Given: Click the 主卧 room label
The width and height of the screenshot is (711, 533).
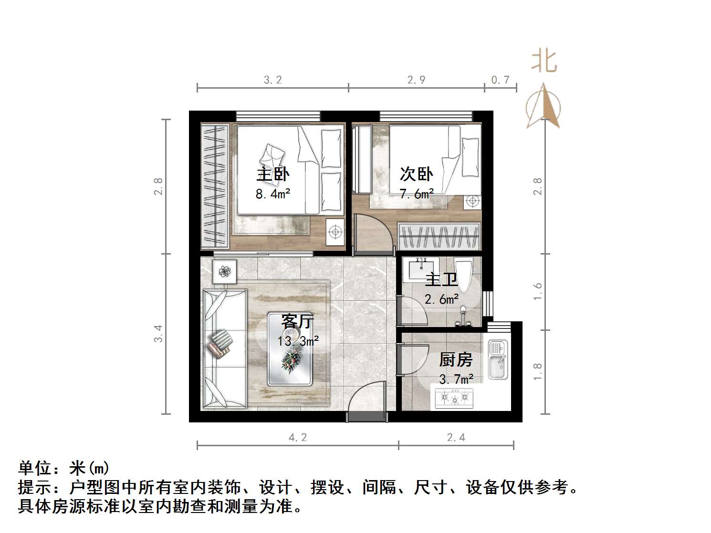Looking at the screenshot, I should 272,174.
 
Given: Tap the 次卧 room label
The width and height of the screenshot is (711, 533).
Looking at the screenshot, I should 416,174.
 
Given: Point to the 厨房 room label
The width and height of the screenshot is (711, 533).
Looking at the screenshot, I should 456,359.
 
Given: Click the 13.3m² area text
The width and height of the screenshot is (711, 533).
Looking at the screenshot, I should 298,341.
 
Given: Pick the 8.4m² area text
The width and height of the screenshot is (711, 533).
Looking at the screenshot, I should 273,194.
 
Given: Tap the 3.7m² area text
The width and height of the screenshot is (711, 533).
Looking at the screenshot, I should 456,379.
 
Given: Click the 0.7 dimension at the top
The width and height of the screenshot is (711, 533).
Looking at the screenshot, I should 500,80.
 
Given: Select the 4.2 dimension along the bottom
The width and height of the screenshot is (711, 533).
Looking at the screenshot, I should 298,437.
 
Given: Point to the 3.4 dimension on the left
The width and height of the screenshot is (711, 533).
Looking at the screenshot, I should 158,333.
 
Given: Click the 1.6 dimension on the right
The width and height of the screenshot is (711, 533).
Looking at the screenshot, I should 538,291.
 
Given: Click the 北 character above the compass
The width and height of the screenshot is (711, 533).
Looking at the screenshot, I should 544,62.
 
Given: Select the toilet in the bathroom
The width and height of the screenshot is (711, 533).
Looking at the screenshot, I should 463,274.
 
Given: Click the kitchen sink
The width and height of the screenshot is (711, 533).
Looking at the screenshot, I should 498,359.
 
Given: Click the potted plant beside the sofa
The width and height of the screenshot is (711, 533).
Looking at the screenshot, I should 224,272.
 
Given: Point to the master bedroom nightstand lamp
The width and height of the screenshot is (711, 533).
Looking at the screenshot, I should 335,232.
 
